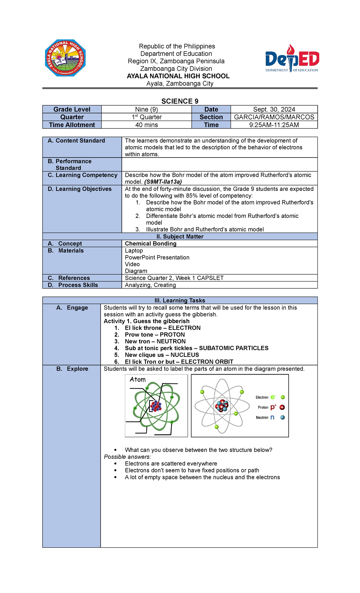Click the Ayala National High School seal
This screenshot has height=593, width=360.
65,58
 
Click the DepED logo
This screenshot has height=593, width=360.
292,59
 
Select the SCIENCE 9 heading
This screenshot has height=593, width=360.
180,101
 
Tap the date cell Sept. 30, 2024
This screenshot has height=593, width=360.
274,109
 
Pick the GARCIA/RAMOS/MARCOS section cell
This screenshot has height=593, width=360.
274,117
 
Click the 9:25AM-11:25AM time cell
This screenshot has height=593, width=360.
274,125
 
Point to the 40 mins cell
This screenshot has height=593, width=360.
146,125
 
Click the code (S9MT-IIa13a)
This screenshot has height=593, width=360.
163,182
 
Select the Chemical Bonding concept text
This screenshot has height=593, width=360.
151,243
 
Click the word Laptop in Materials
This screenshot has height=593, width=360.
134,251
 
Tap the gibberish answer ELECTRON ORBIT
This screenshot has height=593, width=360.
207,362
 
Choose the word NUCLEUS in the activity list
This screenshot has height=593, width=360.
185,355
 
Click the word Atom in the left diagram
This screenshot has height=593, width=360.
138,380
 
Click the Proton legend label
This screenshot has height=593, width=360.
263,408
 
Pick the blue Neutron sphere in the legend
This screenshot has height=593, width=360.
282,417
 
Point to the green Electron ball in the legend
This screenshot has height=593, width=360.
283,397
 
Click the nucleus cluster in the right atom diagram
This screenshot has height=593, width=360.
222,406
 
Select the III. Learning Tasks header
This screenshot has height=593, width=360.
180,300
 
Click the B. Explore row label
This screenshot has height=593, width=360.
72,369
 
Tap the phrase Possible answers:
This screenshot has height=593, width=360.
127,457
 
